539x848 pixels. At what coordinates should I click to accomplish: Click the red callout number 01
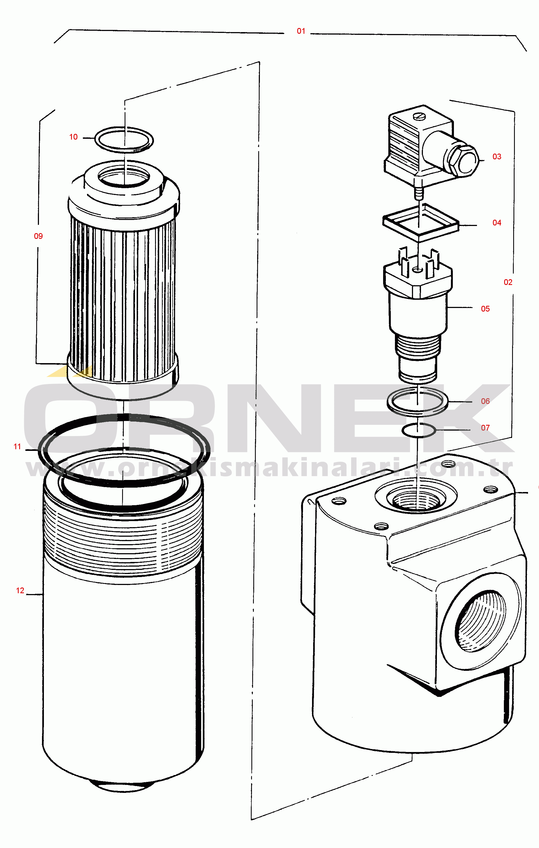(301, 31)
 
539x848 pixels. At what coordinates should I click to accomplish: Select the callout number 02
(508, 282)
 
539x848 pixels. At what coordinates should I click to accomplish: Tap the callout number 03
(497, 157)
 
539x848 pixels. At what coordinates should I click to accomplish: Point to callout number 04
(497, 223)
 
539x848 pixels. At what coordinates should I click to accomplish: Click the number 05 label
(485, 309)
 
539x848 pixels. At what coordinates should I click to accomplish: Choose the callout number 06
(485, 401)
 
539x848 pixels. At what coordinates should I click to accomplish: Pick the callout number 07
(485, 428)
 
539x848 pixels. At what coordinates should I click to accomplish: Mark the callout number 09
(38, 236)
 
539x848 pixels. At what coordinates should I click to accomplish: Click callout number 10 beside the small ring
(73, 137)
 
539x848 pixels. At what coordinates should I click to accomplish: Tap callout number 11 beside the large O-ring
(17, 447)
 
